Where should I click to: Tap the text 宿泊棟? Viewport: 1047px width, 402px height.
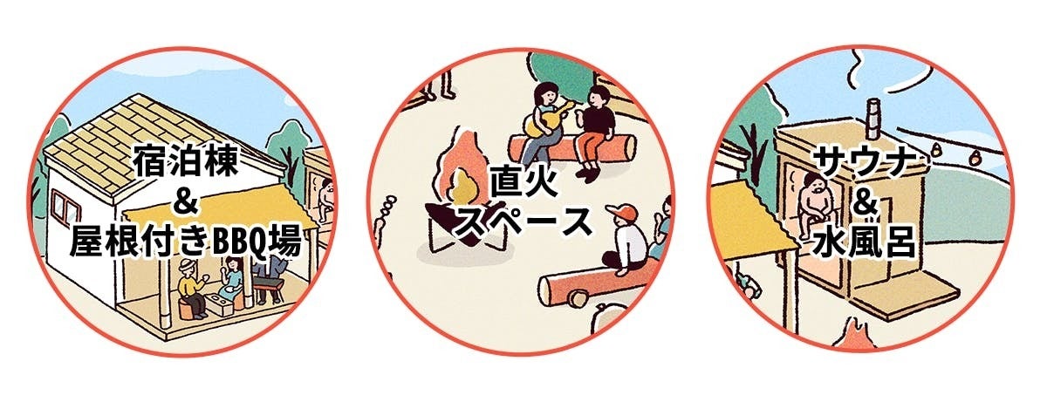[186, 161]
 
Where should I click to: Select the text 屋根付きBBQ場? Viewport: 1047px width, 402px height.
[186, 242]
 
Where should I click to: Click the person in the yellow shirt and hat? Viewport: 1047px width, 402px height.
[191, 286]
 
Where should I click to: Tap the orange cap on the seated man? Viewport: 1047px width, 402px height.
[622, 213]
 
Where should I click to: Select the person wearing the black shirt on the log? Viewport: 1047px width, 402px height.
[593, 132]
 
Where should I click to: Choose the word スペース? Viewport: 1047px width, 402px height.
[523, 223]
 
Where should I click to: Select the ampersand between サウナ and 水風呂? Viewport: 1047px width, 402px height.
[865, 201]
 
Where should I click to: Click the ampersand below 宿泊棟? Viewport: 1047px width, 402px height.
[185, 201]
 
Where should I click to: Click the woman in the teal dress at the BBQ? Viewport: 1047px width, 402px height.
[232, 281]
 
